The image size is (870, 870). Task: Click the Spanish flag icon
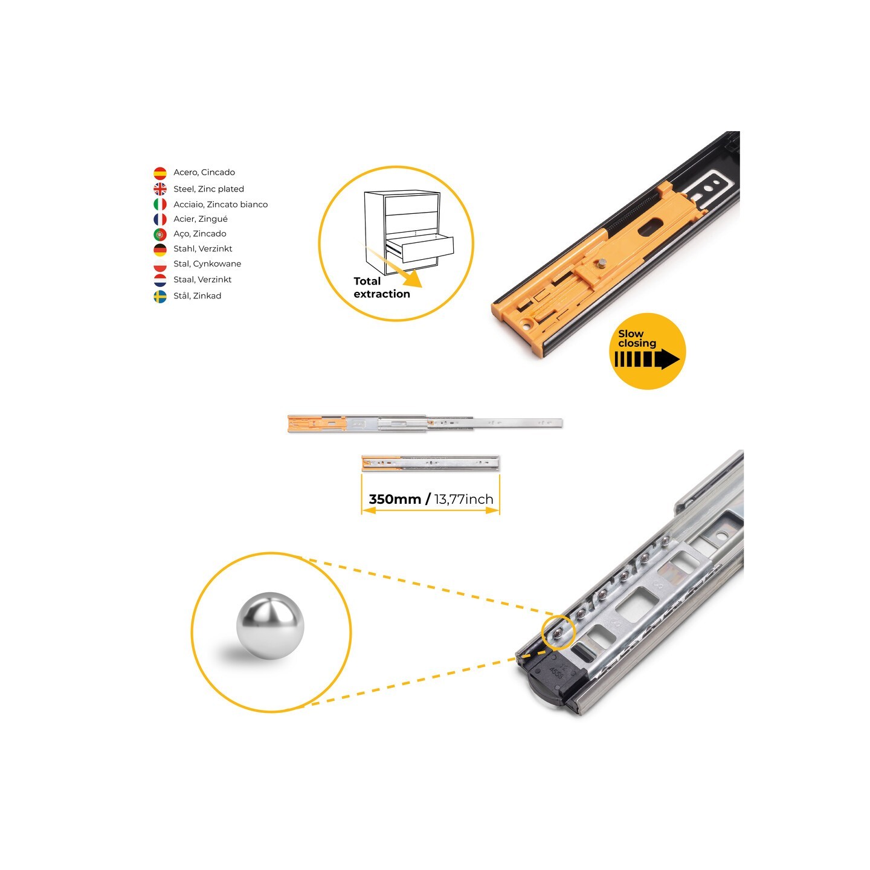point(160,173)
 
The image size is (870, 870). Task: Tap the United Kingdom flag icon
point(160,188)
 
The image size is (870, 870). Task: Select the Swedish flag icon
point(160,296)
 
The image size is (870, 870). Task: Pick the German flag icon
point(160,249)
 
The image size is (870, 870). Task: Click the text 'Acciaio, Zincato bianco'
point(221,205)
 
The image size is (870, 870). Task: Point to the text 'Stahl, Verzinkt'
point(203,249)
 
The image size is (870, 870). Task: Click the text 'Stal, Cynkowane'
point(207,263)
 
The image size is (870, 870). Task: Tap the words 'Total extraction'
point(381,288)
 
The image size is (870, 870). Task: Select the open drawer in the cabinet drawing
point(420,249)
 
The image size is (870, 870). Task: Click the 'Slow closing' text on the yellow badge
point(637,338)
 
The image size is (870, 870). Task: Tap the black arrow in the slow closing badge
point(647,359)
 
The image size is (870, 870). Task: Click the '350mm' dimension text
point(395,499)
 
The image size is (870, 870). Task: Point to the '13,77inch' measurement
point(463,499)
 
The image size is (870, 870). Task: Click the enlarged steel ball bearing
point(270,626)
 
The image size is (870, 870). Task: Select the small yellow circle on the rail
point(558,632)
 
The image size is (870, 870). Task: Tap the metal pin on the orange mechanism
point(602,263)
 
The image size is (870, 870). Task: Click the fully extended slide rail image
point(425,423)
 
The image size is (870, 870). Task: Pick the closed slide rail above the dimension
point(430,463)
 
